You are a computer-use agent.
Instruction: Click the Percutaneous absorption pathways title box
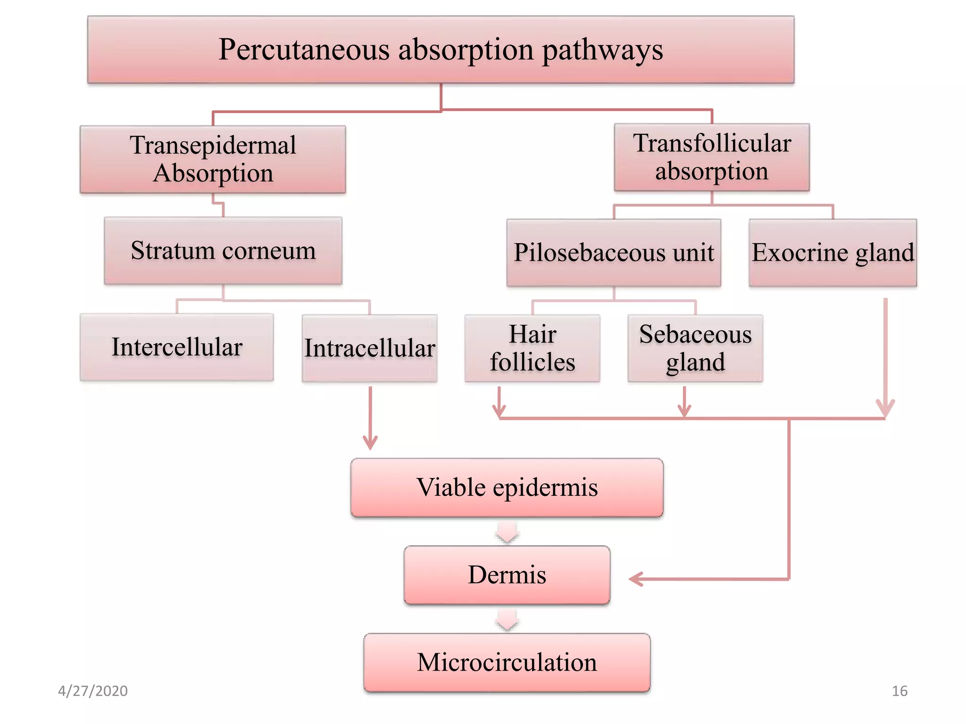(441, 49)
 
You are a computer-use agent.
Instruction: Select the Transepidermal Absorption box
(213, 159)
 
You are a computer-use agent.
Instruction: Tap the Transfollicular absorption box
(711, 157)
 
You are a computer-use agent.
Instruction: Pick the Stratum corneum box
(223, 251)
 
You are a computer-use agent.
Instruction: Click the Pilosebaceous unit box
(614, 253)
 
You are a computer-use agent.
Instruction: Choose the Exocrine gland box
(833, 253)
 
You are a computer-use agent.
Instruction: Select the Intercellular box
(177, 347)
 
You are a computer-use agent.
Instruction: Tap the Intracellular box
(369, 348)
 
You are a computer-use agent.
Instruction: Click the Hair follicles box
(532, 348)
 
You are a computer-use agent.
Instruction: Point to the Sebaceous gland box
(695, 348)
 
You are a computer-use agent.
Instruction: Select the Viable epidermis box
(507, 487)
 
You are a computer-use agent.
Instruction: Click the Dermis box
(507, 575)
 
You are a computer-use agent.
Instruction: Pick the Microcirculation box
(507, 662)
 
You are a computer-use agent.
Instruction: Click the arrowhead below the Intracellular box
(370, 443)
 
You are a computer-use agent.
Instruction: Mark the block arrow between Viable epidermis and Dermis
(507, 532)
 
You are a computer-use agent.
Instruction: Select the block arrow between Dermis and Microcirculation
(507, 619)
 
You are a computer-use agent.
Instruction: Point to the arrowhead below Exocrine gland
(885, 408)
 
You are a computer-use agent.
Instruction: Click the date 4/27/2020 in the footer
(93, 691)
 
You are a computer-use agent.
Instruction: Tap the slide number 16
(899, 691)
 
